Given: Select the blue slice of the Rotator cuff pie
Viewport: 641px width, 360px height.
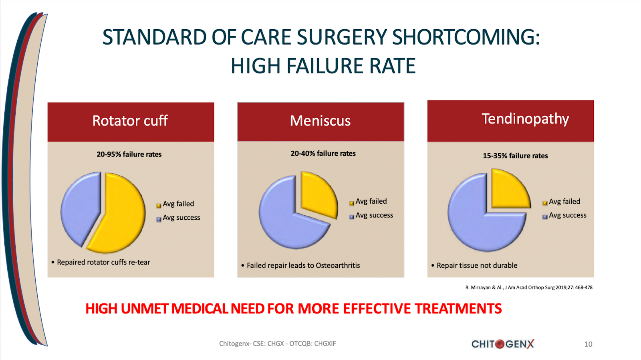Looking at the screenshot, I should coord(80,208).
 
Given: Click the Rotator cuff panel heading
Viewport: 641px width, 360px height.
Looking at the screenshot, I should coord(130,121).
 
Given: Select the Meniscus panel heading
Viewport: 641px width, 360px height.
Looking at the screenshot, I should coord(320,121).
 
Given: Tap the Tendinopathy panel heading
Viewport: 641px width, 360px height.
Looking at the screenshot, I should coord(525,119).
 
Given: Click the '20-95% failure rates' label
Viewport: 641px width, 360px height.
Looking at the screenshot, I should coord(129,154).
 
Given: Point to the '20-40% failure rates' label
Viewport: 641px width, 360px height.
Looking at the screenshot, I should coord(323,154).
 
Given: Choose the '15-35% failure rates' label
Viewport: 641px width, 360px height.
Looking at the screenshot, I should coord(515,156).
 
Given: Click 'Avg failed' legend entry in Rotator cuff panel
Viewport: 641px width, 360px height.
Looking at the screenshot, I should coord(178,204).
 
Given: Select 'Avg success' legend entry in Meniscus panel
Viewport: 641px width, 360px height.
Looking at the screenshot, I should coord(374,215).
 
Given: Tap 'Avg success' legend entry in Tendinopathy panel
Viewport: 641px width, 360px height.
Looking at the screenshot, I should coord(567,215).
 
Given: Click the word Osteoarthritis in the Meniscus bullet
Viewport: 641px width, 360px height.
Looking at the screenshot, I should coord(338,265).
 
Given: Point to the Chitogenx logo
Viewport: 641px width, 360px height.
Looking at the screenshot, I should coord(503,344).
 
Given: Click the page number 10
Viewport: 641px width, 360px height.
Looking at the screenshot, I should coord(588,344).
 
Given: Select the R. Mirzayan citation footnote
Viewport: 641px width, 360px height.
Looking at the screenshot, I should coord(529,287).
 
